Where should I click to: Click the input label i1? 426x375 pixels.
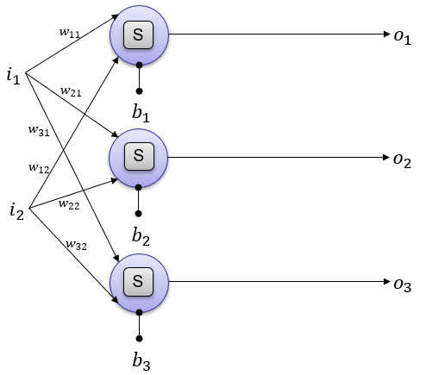point(14,76)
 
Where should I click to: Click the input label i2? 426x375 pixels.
point(16,211)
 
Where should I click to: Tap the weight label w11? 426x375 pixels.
point(70,33)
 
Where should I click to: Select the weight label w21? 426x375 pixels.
point(71,91)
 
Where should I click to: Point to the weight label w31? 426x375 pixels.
point(39,131)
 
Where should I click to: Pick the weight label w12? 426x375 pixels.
point(39,168)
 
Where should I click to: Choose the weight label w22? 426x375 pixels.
point(69,204)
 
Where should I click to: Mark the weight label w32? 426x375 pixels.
point(77,245)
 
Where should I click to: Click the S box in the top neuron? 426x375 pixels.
point(138,34)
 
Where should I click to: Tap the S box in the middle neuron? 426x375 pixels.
point(139,156)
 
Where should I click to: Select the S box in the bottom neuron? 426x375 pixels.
point(138,282)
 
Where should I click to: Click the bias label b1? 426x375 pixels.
point(141,113)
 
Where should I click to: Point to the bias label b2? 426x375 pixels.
point(141,236)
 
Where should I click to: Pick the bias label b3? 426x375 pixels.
point(141,361)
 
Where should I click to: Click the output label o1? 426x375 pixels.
point(403,38)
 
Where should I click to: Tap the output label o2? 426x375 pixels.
point(402,161)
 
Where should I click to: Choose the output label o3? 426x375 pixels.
point(403,285)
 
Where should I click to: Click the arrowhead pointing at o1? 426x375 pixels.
point(386,34)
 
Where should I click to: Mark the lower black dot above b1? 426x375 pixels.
point(139,91)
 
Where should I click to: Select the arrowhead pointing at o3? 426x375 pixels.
point(386,281)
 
